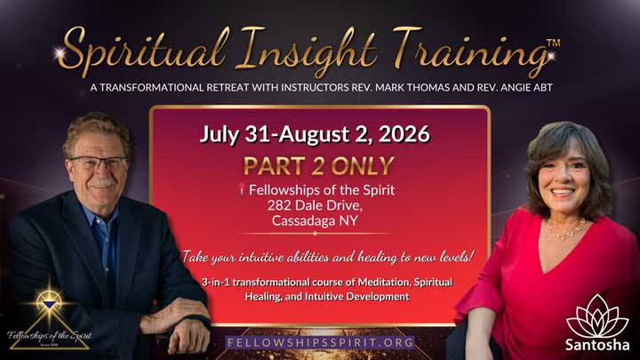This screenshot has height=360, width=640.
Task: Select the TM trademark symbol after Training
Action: coord(552,42)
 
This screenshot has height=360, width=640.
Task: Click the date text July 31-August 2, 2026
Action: coord(315,135)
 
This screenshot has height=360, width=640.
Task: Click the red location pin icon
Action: coord(240,189)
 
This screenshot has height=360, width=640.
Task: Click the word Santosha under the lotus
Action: coord(596,345)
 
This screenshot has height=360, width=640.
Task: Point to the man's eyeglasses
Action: coord(99,164)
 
